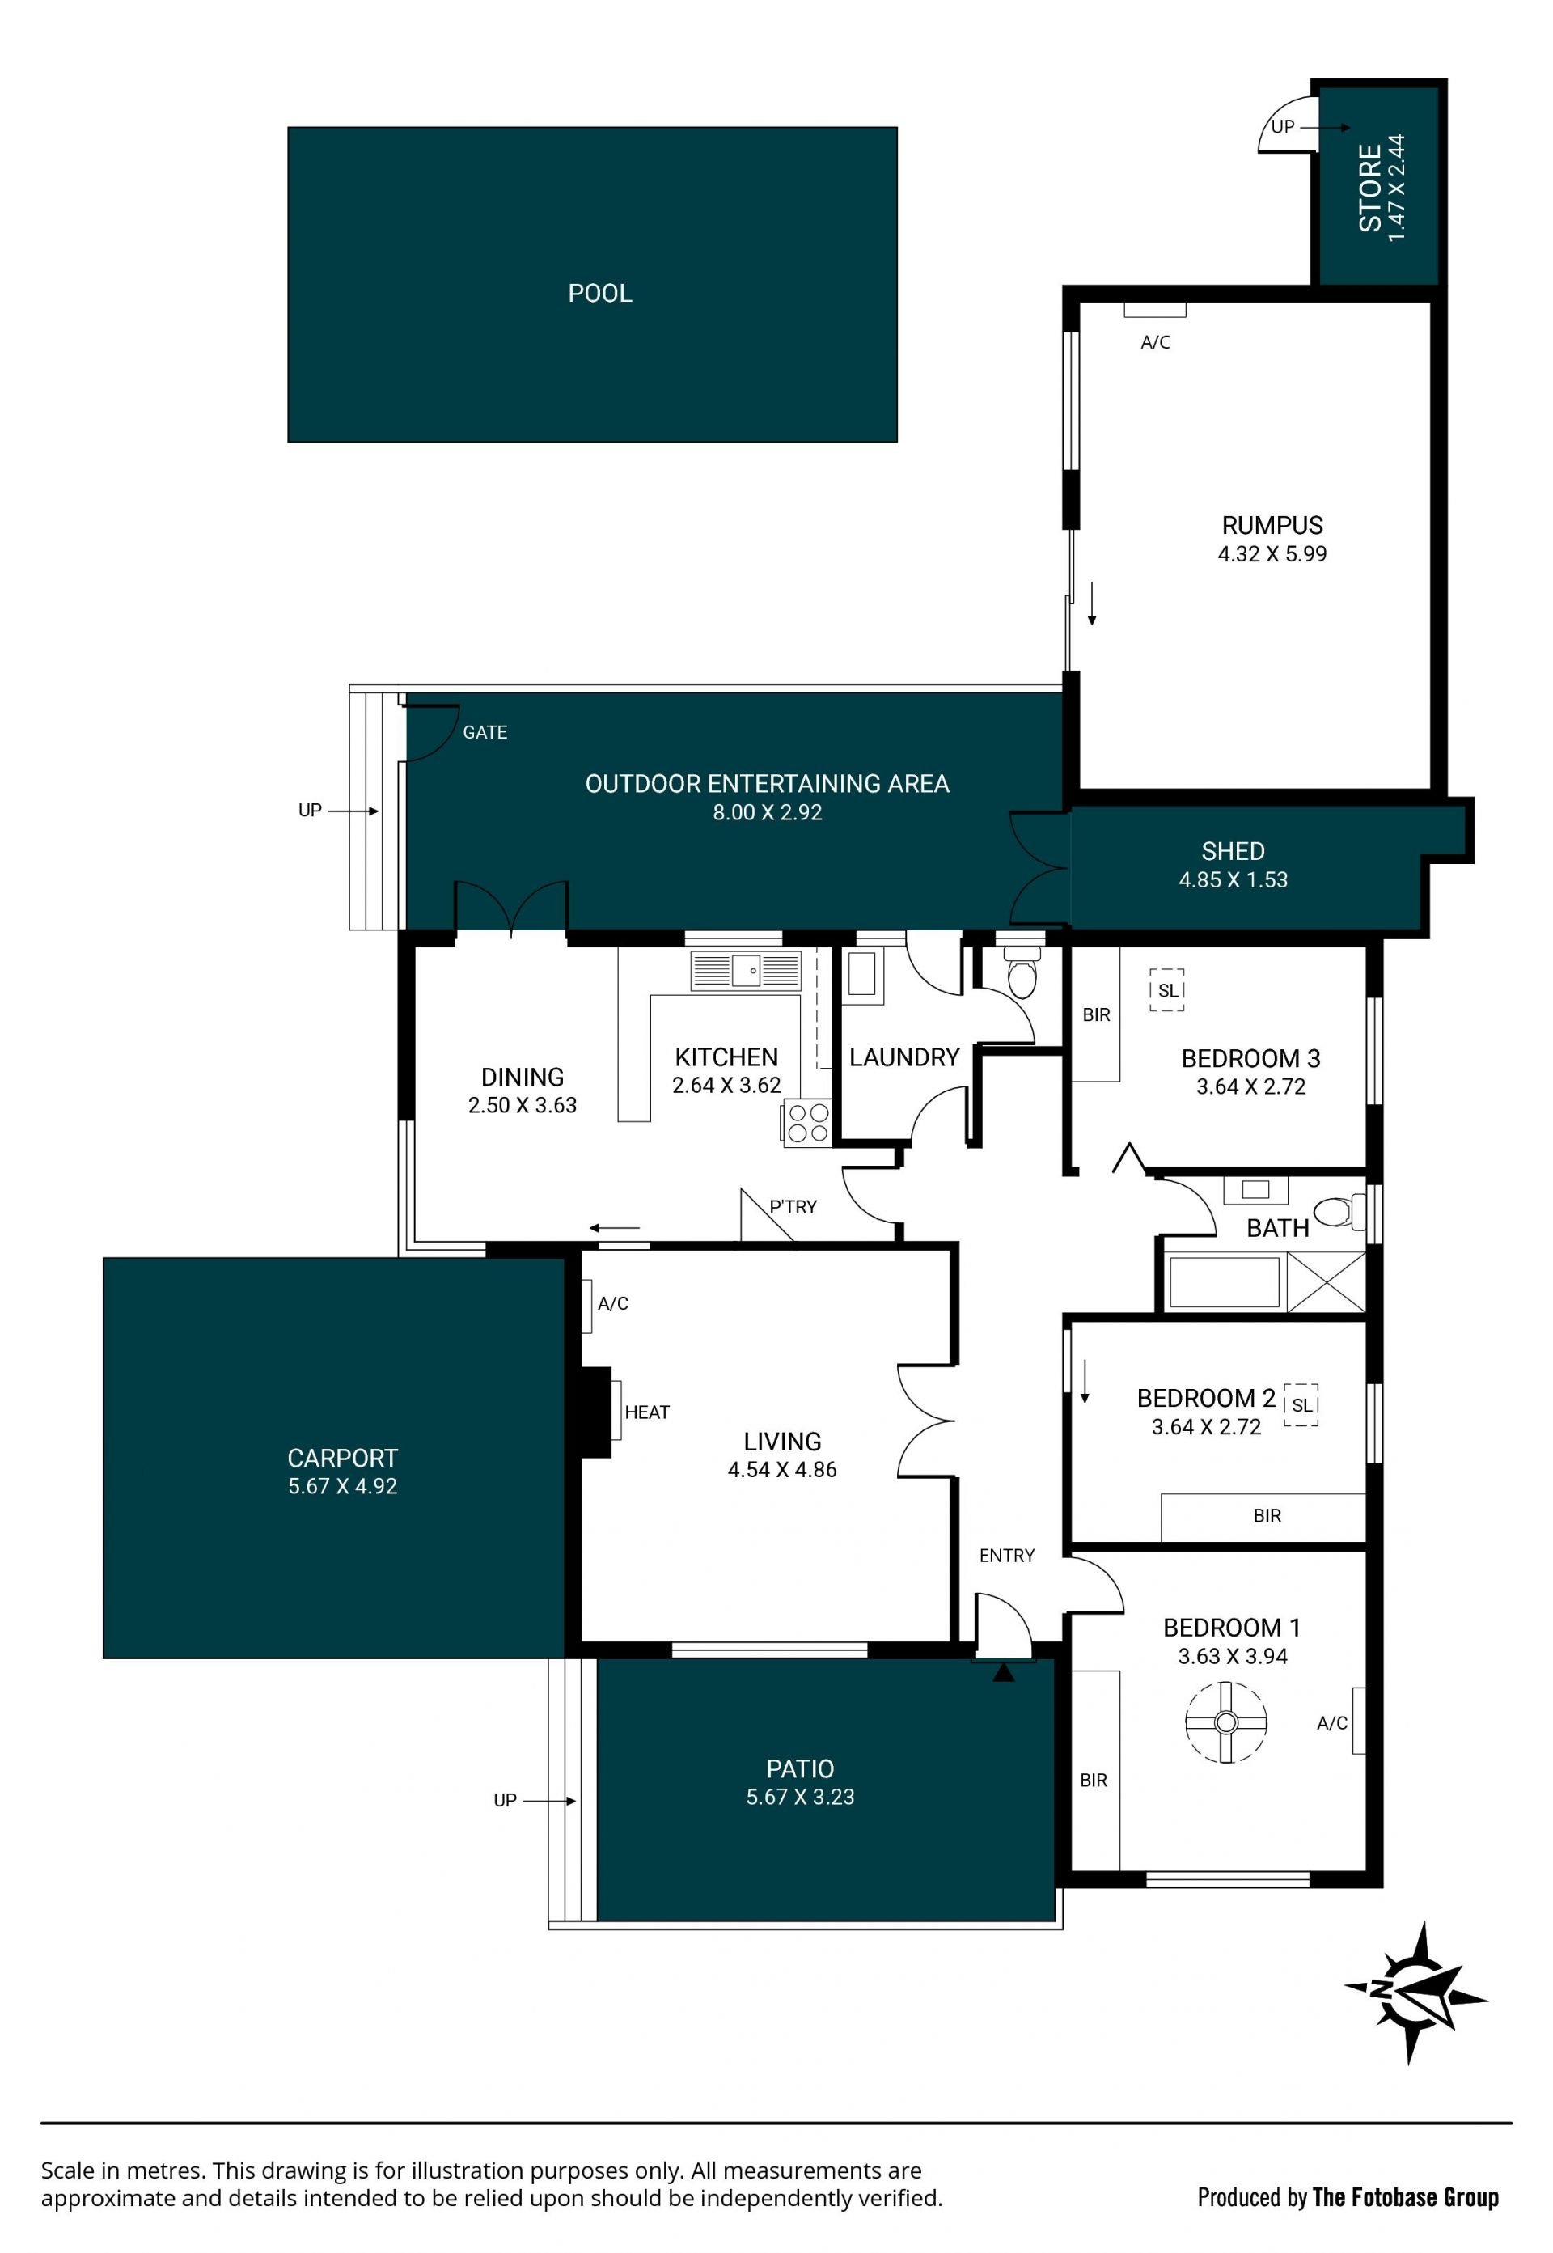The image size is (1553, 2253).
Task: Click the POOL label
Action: pyautogui.click(x=599, y=293)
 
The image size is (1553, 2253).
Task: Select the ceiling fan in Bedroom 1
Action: pyautogui.click(x=1226, y=1722)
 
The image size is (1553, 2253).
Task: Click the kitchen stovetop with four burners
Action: pyautogui.click(x=806, y=1122)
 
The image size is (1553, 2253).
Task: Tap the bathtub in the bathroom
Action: pyautogui.click(x=1224, y=1281)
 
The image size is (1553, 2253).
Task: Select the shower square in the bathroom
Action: pyautogui.click(x=1327, y=1281)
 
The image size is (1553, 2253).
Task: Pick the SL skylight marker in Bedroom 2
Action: pyautogui.click(x=1302, y=1405)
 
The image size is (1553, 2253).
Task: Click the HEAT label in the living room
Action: pyautogui.click(x=647, y=1412)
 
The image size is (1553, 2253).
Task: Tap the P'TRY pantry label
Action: pyautogui.click(x=793, y=1207)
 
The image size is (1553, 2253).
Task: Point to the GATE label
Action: pyautogui.click(x=485, y=732)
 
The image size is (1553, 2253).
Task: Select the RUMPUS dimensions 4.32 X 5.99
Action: pyautogui.click(x=1272, y=554)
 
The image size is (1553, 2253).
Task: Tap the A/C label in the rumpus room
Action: pyautogui.click(x=1155, y=342)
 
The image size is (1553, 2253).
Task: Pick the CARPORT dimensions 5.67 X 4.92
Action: pyautogui.click(x=342, y=1486)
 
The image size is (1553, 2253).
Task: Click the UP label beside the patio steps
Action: pyautogui.click(x=505, y=1801)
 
